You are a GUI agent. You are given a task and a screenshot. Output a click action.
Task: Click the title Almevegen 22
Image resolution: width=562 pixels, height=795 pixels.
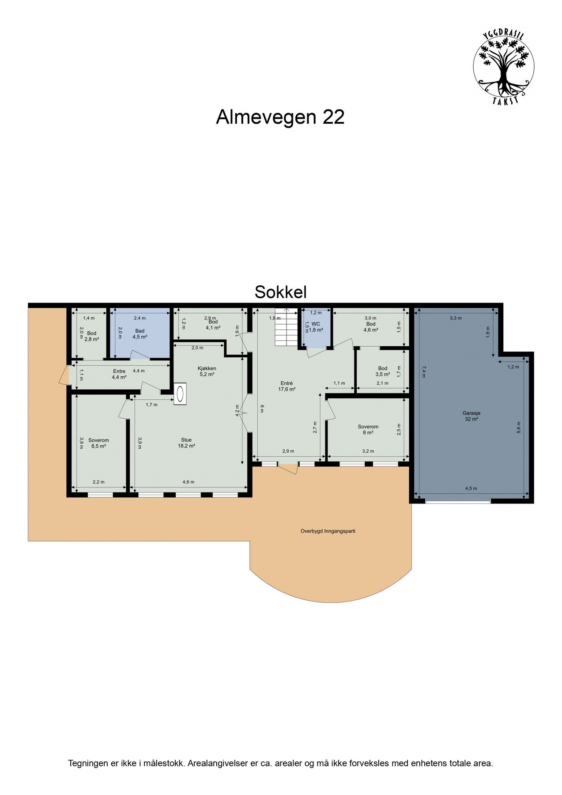280,117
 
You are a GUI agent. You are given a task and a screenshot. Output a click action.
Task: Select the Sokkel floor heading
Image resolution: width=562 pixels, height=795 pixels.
280,292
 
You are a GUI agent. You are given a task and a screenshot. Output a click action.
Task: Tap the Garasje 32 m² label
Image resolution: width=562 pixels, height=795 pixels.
471,416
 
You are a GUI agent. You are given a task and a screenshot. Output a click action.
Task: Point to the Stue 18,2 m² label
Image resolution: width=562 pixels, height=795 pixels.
186,443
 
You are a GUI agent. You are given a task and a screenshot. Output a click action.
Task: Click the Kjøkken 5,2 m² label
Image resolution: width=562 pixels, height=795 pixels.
207,371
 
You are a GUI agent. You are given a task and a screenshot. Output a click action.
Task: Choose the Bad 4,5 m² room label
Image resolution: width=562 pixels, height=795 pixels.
140,333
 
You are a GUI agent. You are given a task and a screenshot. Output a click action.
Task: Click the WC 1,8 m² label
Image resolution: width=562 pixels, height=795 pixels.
316,327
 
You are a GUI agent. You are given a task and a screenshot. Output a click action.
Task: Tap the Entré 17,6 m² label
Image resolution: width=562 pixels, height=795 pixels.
287,386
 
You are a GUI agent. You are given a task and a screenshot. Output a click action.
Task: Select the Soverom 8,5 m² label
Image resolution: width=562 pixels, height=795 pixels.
98,443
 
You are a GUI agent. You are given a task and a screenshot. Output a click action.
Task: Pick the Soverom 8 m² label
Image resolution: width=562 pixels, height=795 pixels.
368,429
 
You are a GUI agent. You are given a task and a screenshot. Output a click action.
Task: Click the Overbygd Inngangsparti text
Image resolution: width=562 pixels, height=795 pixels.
327,531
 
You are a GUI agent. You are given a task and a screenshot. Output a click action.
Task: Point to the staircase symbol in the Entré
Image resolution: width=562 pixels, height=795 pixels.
285,327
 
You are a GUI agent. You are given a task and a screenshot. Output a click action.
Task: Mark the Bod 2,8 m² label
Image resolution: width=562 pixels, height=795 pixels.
91,336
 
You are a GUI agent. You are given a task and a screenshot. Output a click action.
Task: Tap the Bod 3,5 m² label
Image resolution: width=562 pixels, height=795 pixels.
383,371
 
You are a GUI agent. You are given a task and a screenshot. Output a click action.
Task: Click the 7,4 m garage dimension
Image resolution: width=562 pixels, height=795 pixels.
424,371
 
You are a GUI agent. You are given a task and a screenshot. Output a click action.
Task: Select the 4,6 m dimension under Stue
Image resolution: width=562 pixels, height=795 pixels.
189,482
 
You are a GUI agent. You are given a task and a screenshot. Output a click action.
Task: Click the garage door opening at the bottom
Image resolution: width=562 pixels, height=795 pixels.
458,501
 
